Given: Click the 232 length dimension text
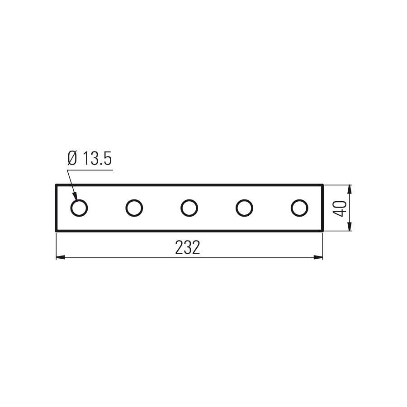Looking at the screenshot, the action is [x=188, y=247].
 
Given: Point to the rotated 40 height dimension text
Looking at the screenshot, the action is [x=340, y=208].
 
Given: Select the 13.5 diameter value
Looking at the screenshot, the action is [x=97, y=158].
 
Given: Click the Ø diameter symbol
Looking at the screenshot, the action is [x=72, y=158].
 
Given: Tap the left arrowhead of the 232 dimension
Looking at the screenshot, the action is [x=60, y=257].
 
